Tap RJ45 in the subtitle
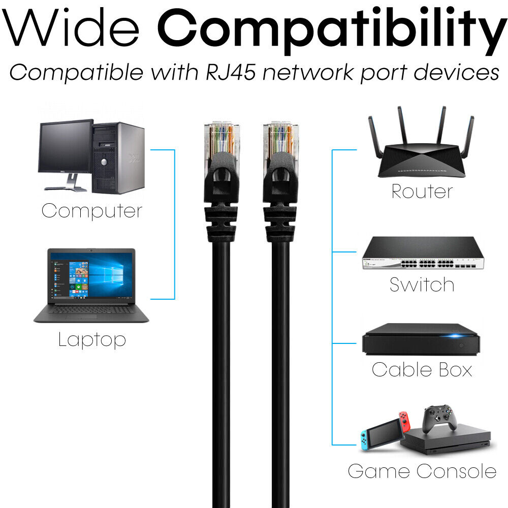pyautogui.click(x=231, y=72)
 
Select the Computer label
pyautogui.click(x=92, y=211)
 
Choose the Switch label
pyautogui.click(x=422, y=284)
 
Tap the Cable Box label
pyautogui.click(x=422, y=369)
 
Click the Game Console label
pyautogui.click(x=422, y=471)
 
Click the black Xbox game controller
pyautogui.click(x=439, y=418)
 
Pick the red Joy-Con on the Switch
pyautogui.click(x=405, y=422)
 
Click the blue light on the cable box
pyautogui.click(x=455, y=336)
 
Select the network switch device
pyautogui.click(x=423, y=253)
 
